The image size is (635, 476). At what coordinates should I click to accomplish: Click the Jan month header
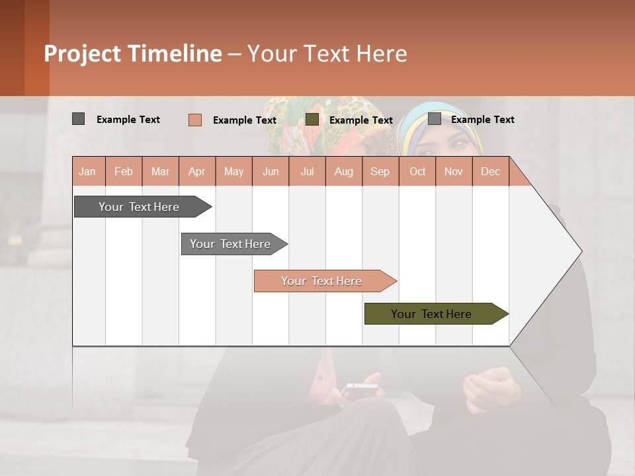pos(88,171)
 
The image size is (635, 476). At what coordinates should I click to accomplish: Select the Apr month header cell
pos(197,171)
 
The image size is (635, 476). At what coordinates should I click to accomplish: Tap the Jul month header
pos(307,171)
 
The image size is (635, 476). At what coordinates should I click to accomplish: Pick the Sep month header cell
pos(380,171)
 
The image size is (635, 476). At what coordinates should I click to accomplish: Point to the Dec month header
pos(490,171)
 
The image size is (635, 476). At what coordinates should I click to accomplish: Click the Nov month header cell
pos(453,171)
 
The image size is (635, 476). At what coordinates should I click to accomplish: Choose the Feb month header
pos(124,171)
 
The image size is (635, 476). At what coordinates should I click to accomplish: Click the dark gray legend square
pos(78,119)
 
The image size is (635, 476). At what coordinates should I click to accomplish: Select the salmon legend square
pos(194,120)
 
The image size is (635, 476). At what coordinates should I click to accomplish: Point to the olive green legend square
pos(312,120)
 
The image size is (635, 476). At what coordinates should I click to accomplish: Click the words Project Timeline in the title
pos(132,54)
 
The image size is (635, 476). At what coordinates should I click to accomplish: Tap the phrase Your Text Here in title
pos(327,54)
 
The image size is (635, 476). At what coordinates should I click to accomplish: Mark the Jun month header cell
pos(271,171)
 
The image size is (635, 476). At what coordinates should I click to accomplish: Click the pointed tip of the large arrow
pos(580,251)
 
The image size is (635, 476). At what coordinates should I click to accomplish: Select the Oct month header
pos(417,171)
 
